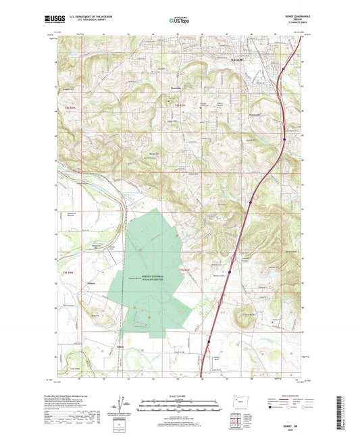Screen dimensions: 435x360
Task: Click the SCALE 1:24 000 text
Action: pos(178,394)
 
